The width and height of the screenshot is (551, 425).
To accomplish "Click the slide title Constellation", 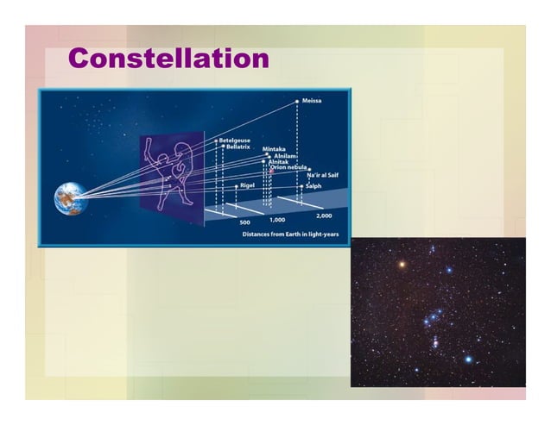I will tap(168, 59).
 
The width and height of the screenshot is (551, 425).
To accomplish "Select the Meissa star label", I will tap(312, 101).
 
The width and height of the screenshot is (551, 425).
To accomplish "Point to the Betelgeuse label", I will tap(234, 140).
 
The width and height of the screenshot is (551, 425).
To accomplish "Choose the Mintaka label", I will tap(275, 149).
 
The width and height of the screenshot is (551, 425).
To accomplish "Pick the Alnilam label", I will tap(285, 156).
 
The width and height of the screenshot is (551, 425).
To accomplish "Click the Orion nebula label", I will tap(290, 167).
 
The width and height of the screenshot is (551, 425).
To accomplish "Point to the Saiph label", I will tap(313, 185).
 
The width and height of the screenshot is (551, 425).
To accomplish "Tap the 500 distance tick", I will tap(244, 222).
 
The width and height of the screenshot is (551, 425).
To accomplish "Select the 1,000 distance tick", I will tap(277, 219).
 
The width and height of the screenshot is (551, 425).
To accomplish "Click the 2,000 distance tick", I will tap(324, 215).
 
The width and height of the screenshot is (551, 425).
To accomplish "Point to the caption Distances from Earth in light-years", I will tap(290, 234).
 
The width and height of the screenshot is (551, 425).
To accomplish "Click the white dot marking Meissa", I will tap(297, 101).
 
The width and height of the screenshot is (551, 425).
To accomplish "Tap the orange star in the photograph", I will tap(400, 264).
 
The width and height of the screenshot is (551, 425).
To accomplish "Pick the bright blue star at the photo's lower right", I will tap(469, 358).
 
